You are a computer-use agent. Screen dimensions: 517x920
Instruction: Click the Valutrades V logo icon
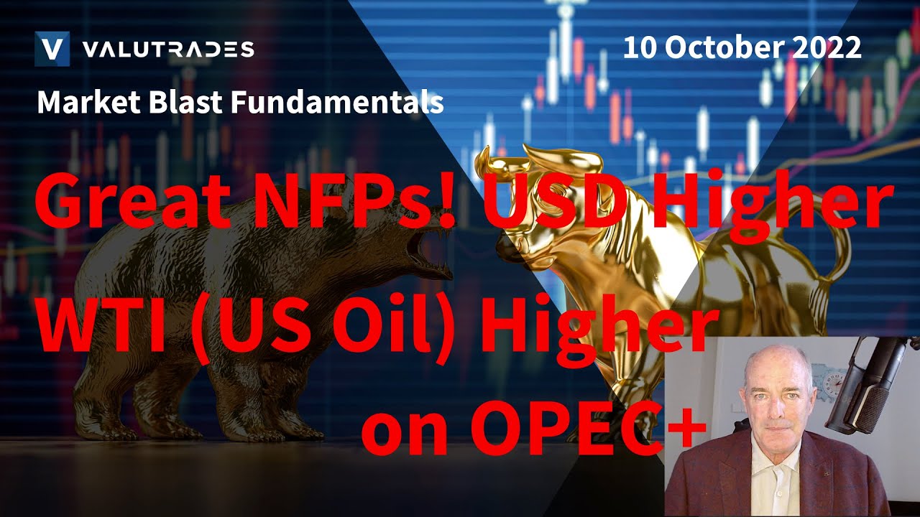click(x=52, y=49)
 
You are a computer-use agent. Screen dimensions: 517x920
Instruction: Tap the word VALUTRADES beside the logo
click(x=168, y=50)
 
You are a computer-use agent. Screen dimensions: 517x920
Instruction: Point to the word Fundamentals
click(x=339, y=103)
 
